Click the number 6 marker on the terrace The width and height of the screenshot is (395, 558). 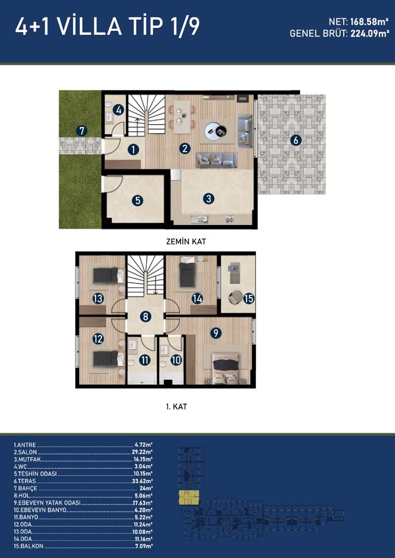[295, 140]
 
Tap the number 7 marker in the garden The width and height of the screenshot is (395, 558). [82, 131]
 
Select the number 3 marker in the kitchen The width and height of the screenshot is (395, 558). [208, 199]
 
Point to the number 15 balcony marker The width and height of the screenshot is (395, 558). [249, 298]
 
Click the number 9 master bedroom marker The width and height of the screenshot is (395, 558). [216, 333]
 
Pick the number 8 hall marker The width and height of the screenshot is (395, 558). [145, 317]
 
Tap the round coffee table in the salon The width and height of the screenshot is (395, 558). [216, 131]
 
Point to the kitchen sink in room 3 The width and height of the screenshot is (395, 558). [200, 220]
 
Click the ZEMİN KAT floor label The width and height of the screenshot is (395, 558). [186, 241]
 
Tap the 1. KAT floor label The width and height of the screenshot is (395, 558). [175, 407]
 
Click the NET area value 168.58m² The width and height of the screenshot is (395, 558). [369, 22]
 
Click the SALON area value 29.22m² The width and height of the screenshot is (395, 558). [142, 452]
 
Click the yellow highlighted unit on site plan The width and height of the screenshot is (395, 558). [189, 498]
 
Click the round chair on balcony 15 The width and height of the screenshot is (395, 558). [235, 298]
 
